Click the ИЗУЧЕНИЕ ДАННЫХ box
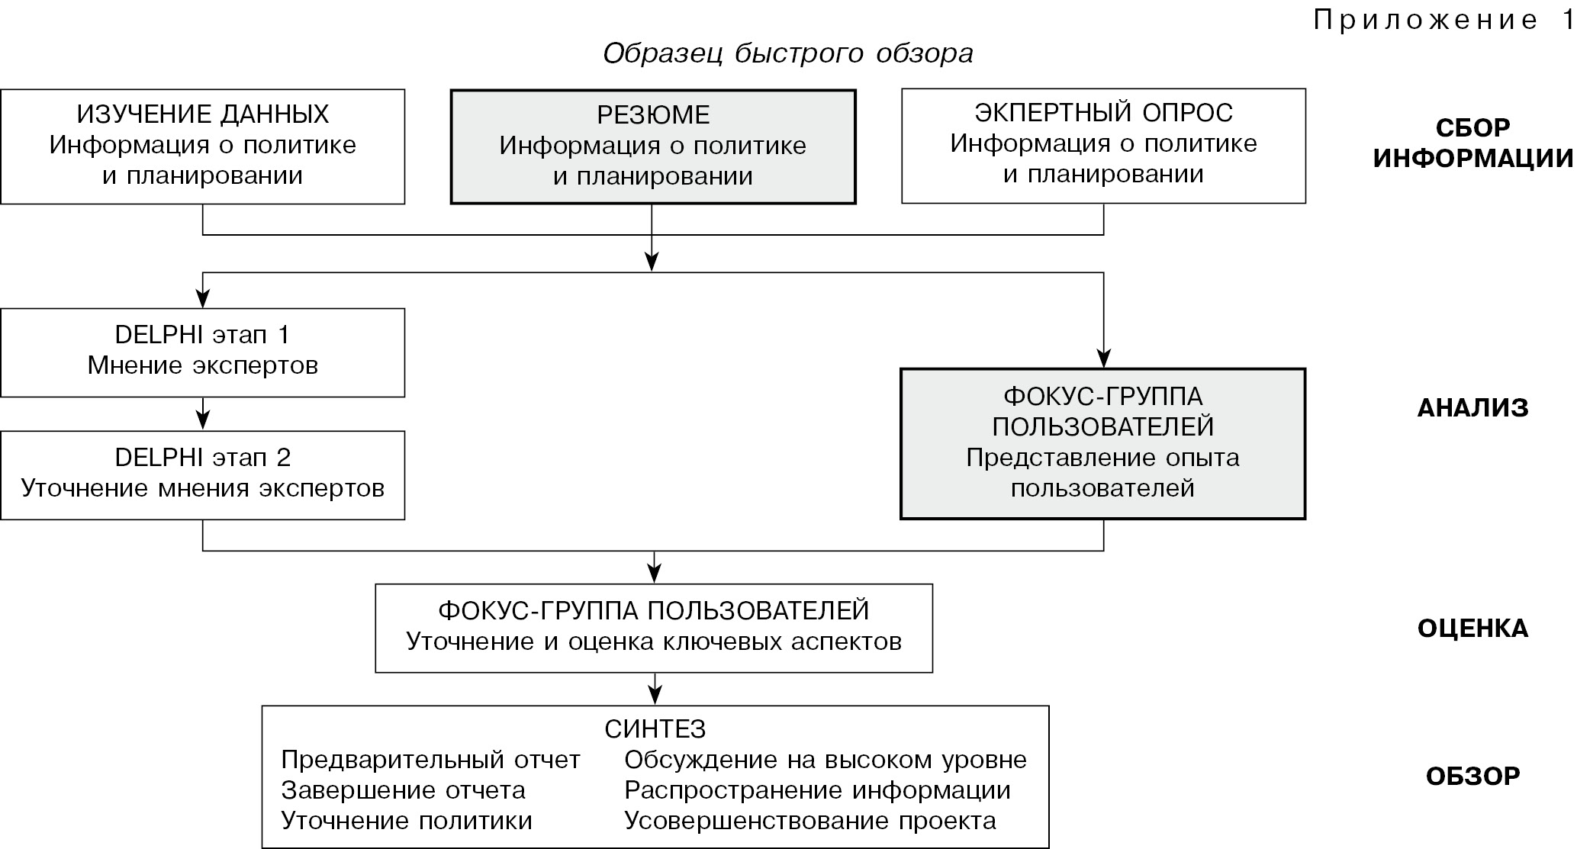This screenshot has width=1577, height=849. pyautogui.click(x=202, y=146)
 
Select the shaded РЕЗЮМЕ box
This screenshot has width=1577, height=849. pyautogui.click(x=652, y=146)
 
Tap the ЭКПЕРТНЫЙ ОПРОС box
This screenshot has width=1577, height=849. pyautogui.click(x=1103, y=146)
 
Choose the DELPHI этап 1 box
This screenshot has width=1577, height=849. pyautogui.click(x=202, y=352)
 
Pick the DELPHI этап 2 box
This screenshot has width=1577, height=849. pyautogui.click(x=202, y=474)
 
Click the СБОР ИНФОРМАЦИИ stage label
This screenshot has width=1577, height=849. pyautogui.click(x=1472, y=143)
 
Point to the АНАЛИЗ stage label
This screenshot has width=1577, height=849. pyautogui.click(x=1472, y=408)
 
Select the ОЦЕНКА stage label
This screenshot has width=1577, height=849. pyautogui.click(x=1472, y=629)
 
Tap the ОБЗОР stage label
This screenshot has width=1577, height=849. pyautogui.click(x=1472, y=777)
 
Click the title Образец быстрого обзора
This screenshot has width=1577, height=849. pyautogui.click(x=787, y=53)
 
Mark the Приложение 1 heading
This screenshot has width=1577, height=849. pyautogui.click(x=1442, y=21)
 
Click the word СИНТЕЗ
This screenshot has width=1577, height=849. pyautogui.click(x=655, y=729)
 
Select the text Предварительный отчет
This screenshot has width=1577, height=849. pyautogui.click(x=430, y=760)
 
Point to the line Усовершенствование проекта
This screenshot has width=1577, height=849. pyautogui.click(x=809, y=821)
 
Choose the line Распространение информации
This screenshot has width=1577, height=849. pyautogui.click(x=817, y=790)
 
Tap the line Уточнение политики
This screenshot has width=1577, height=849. pyautogui.click(x=407, y=821)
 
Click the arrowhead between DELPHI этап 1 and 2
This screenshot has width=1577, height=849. pyautogui.click(x=202, y=420)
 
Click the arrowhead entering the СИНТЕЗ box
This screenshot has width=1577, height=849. pyautogui.click(x=654, y=696)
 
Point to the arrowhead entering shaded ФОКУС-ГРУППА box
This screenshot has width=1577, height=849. pyautogui.click(x=1103, y=359)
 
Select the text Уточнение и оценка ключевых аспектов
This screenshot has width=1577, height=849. pyautogui.click(x=654, y=642)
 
